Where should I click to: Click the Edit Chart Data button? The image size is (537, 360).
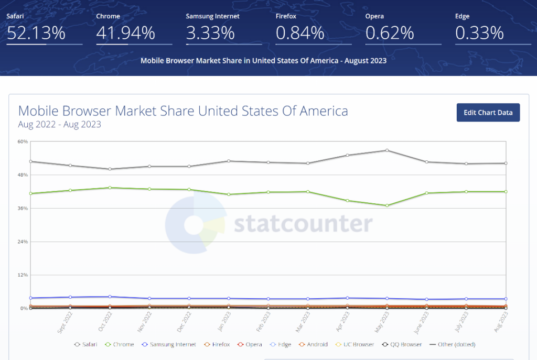click(x=488, y=113)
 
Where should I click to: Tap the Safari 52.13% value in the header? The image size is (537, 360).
click(x=36, y=33)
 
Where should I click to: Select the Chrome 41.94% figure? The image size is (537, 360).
click(x=126, y=33)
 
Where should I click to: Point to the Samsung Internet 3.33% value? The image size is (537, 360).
click(x=210, y=33)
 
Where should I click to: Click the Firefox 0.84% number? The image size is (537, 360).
click(x=300, y=33)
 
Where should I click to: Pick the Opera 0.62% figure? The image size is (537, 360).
click(x=390, y=33)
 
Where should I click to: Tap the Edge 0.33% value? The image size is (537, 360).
click(x=479, y=33)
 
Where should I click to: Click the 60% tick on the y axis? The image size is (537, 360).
click(x=23, y=141)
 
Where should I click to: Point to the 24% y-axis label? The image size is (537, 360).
click(x=23, y=242)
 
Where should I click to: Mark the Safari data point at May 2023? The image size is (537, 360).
click(x=387, y=150)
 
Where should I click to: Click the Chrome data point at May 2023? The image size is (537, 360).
click(x=387, y=205)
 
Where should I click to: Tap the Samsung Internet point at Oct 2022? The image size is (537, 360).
click(x=110, y=297)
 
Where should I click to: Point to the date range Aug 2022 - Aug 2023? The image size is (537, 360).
click(x=59, y=125)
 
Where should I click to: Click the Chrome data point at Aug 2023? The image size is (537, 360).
click(x=506, y=192)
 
